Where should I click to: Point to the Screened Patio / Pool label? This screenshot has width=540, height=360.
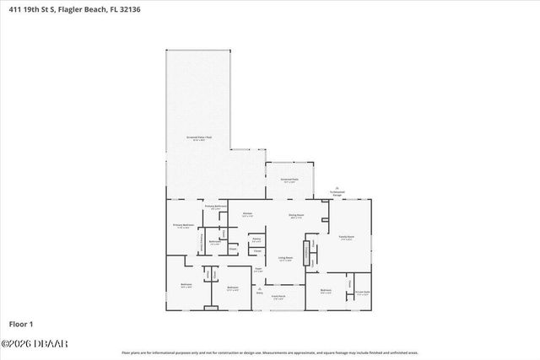point(199,137)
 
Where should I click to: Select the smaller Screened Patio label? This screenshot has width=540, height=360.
point(289,180)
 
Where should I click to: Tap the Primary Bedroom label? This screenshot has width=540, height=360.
point(184,226)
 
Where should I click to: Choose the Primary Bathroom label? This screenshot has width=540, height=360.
point(216,207)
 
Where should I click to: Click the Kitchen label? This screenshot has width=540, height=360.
point(248,214)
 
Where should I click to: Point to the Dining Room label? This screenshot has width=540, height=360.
point(296,216)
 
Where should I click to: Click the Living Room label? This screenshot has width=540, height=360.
point(286,259)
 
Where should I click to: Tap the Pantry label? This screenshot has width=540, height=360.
point(256,240)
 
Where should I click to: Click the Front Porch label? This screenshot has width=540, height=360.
point(278,296)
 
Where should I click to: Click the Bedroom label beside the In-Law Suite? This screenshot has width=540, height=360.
point(326,292)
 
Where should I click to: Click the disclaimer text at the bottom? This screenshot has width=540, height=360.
point(270,352)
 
